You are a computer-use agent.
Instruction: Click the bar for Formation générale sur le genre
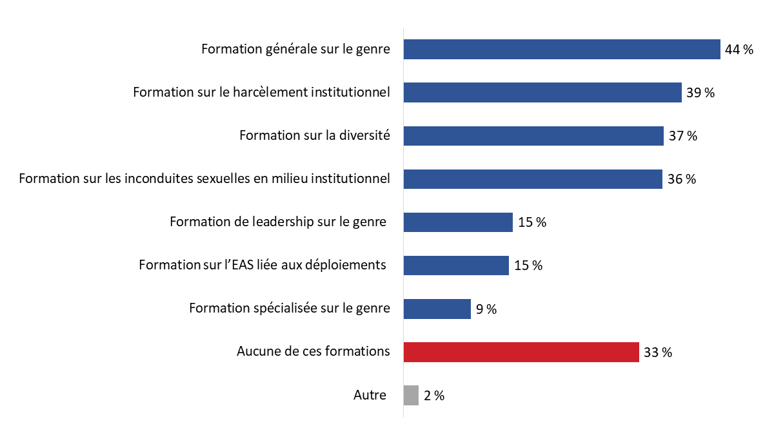(x=561, y=50)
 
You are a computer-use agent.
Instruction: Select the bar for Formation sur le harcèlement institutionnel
(x=542, y=93)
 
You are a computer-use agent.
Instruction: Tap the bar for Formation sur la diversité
(x=533, y=136)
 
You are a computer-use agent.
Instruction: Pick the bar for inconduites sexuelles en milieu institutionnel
(x=533, y=179)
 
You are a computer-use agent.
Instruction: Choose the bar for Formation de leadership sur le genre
(x=458, y=222)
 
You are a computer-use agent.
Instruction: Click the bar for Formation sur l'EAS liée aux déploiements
(x=456, y=266)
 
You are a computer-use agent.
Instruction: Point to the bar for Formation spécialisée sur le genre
(x=437, y=309)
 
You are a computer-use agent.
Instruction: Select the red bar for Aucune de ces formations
(x=521, y=352)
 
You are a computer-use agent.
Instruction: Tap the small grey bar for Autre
(x=411, y=395)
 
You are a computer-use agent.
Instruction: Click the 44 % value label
(x=739, y=50)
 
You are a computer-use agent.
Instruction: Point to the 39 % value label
(x=700, y=93)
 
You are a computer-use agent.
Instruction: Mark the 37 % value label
(x=683, y=136)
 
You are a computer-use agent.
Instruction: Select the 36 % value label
(x=682, y=179)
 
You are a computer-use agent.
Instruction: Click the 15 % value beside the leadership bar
(x=532, y=222)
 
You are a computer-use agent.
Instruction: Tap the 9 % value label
(x=486, y=309)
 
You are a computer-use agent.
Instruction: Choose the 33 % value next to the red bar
(x=658, y=353)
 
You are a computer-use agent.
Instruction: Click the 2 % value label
(x=434, y=396)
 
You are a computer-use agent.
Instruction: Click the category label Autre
(x=370, y=395)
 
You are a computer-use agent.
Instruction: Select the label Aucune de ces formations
(x=313, y=352)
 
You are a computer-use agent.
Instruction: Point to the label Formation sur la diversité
(x=315, y=136)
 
